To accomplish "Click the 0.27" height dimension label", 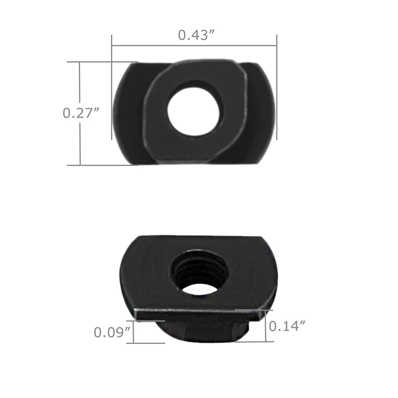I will point(81,113).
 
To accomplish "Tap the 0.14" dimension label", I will point(287,326).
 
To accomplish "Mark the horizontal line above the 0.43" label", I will point(194,45).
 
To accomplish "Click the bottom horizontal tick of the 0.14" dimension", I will point(255,341).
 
